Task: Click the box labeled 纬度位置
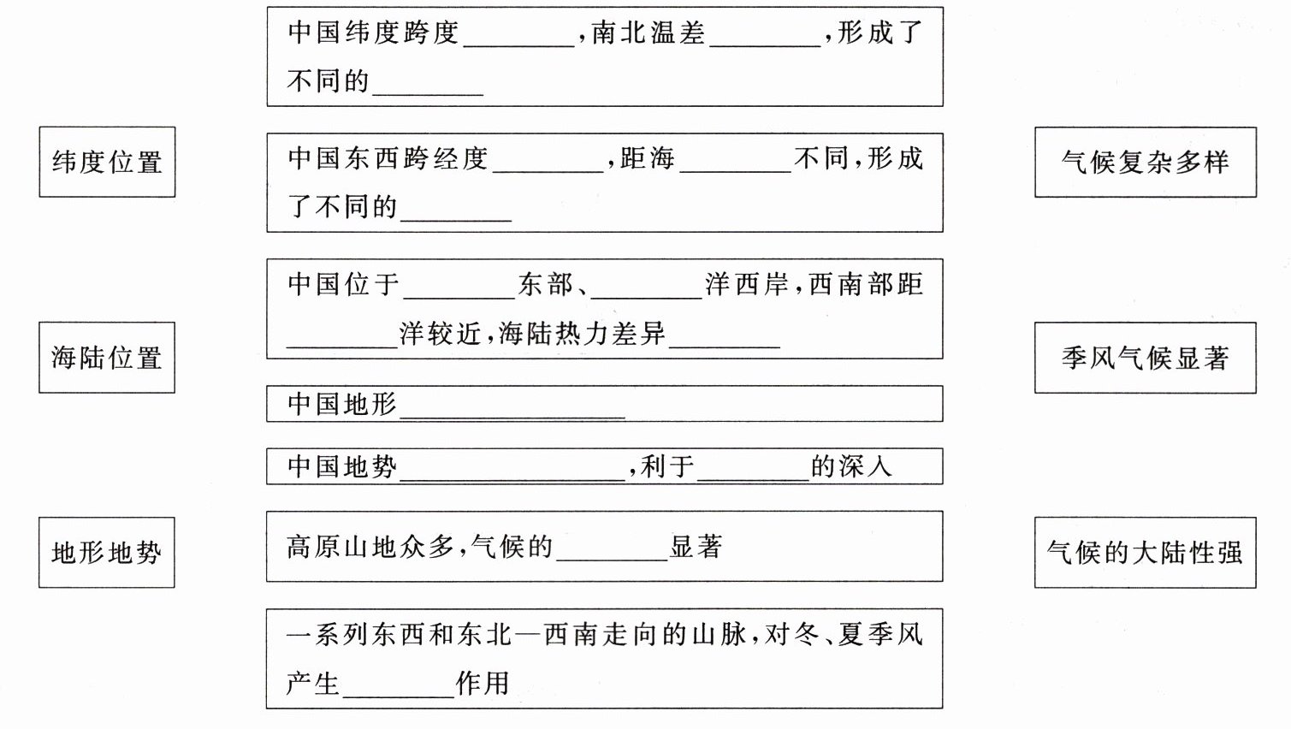click(107, 162)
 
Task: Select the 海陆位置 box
click(107, 358)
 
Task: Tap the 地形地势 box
click(107, 553)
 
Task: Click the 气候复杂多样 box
click(1145, 162)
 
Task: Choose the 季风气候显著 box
click(1145, 358)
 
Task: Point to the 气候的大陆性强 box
click(1145, 553)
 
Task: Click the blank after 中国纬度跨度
click(518, 36)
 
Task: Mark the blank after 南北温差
click(765, 36)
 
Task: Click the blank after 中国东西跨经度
click(548, 162)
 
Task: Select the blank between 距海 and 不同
click(735, 162)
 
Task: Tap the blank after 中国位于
click(459, 287)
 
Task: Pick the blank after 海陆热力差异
click(725, 337)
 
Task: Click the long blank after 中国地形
click(512, 407)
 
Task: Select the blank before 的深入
click(753, 470)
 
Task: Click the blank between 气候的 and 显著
click(612, 550)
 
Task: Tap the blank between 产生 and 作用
click(398, 687)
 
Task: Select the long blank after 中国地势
click(512, 470)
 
